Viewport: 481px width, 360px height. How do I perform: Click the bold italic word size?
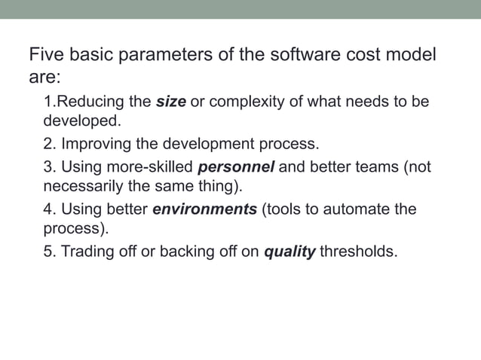(x=170, y=102)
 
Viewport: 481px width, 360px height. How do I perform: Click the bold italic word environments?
(x=204, y=209)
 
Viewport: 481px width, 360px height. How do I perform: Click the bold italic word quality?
(x=289, y=252)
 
